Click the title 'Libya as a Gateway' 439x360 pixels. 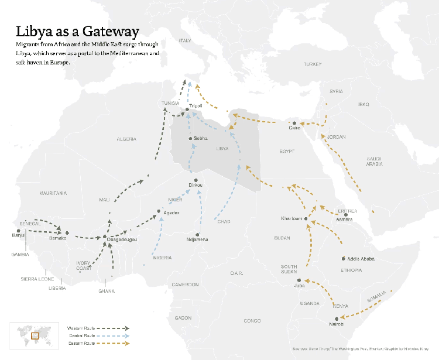coord(77,32)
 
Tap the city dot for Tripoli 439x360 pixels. coord(187,109)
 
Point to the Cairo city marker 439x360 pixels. coord(294,123)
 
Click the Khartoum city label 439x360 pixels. coord(291,218)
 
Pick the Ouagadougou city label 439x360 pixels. coord(122,239)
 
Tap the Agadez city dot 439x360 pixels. coord(159,211)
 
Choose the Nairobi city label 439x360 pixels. coord(336,324)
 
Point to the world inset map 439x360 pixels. coord(35,335)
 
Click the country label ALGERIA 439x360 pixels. coord(126,139)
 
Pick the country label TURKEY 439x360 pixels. coord(313,64)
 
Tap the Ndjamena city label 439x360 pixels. coord(197,239)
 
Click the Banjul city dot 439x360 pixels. coord(19,231)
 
